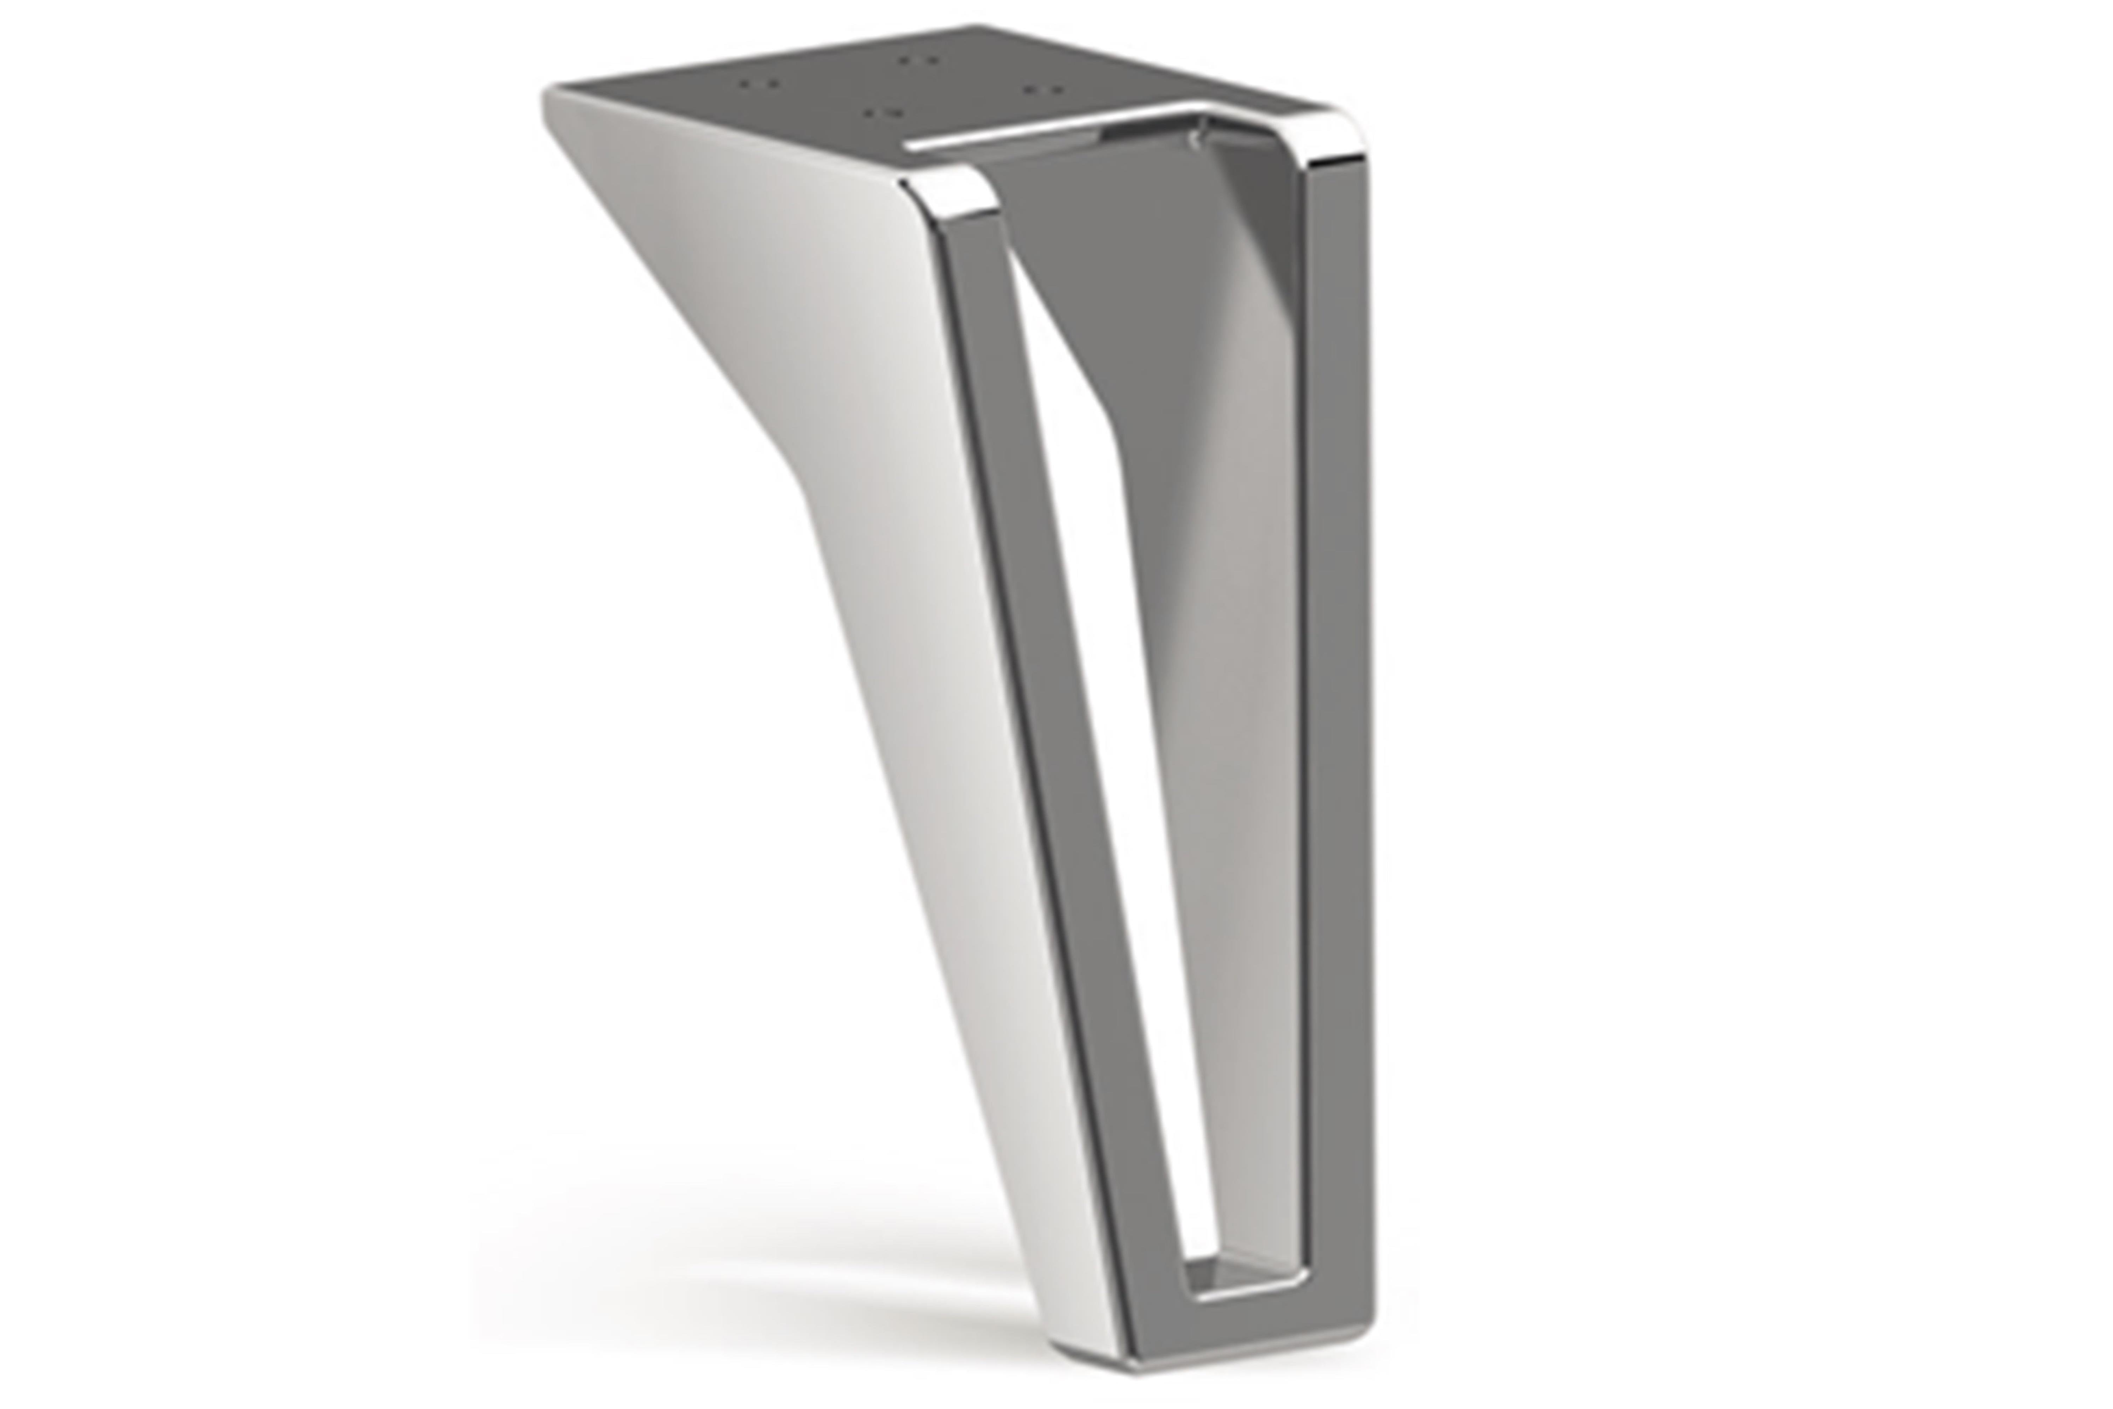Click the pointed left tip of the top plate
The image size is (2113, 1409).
click(550, 94)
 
